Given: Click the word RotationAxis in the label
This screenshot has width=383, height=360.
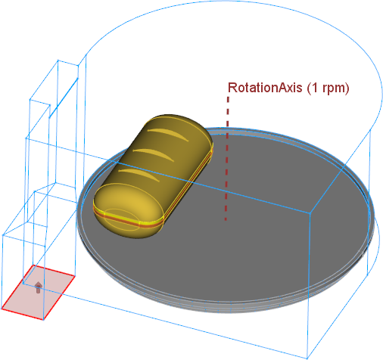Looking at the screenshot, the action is click(265, 88).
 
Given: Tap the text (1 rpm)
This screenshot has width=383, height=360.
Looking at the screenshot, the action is click(328, 88).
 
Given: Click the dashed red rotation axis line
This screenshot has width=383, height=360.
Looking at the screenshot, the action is click(227, 158).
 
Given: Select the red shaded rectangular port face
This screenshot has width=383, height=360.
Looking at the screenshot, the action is click(38, 293).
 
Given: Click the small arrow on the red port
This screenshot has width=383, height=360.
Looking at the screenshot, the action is click(38, 287).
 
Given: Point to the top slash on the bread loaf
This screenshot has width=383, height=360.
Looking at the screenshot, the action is click(167, 135).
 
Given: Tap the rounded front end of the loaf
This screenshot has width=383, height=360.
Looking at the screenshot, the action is click(128, 210).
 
